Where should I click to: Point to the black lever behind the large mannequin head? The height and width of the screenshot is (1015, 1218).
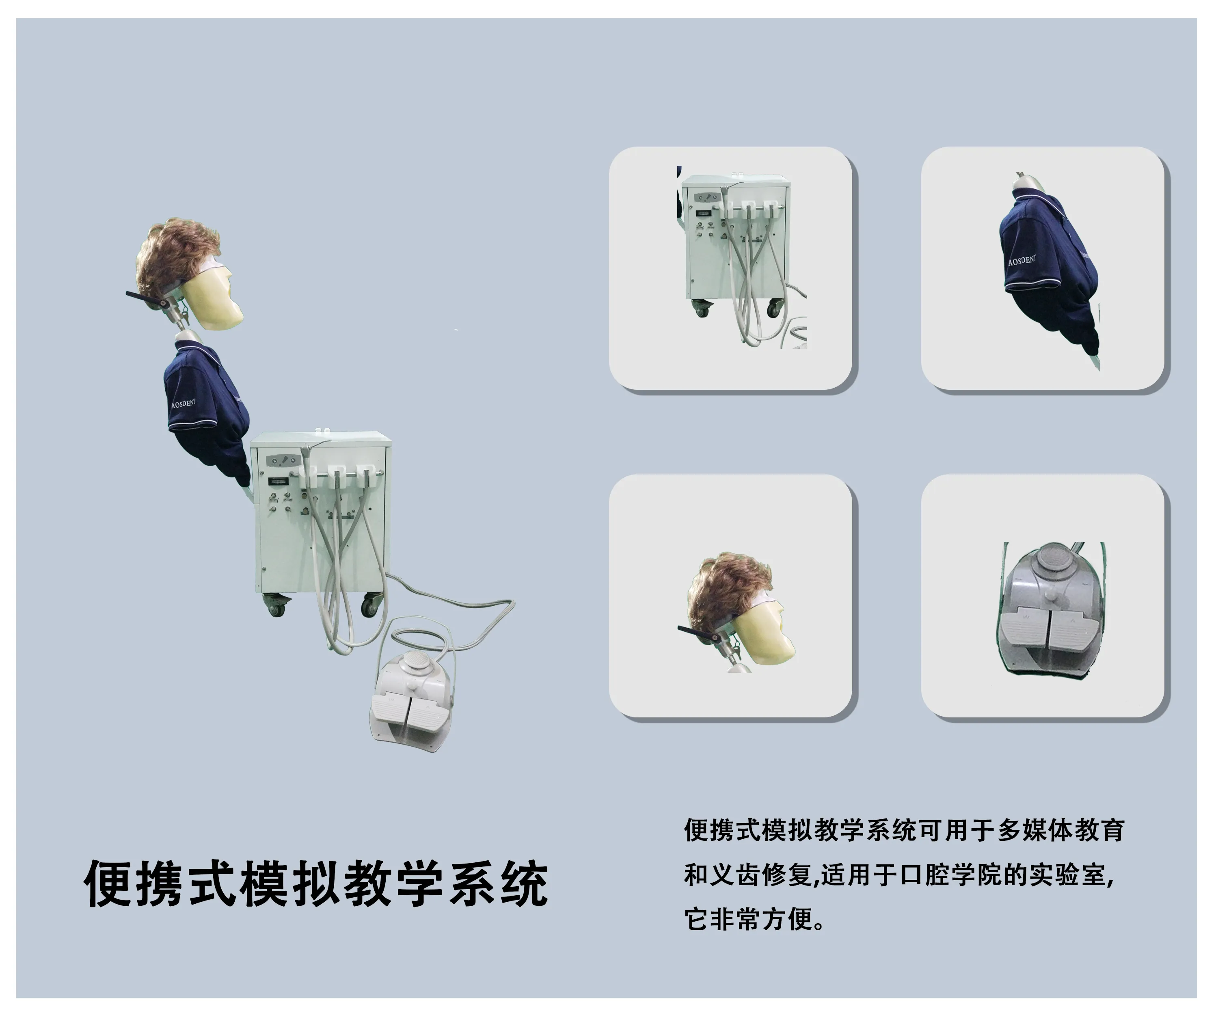(x=145, y=296)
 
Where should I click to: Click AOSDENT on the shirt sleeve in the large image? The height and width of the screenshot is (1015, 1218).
(x=183, y=403)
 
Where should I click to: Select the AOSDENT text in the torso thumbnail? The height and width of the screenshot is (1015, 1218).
(x=1021, y=260)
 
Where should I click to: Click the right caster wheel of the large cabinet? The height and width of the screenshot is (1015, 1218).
(x=369, y=605)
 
